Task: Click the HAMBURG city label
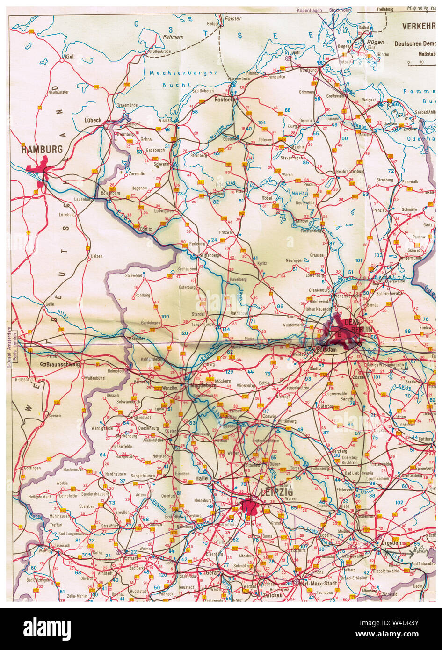point(42,150)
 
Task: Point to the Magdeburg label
point(203,385)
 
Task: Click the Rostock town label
point(223,100)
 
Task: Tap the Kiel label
point(70,57)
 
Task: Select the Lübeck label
point(93,120)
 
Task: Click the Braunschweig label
point(63,364)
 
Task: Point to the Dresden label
point(391,543)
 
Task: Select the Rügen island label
point(375,42)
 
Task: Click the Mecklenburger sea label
point(183,73)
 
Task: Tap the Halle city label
point(202,478)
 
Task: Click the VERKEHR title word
point(419,27)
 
